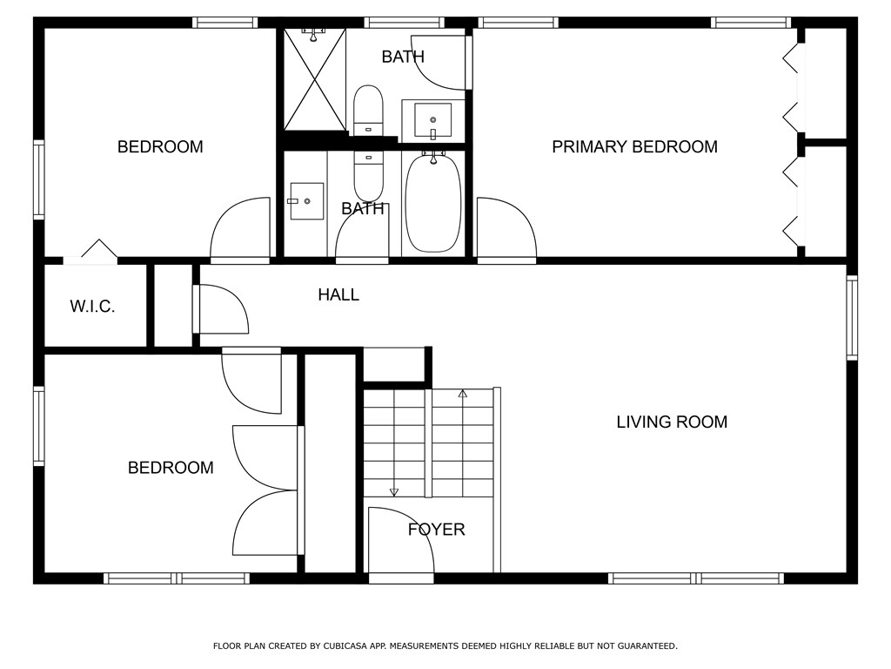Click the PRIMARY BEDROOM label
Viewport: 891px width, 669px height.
pyautogui.click(x=634, y=146)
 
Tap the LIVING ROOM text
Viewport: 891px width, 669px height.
pyautogui.click(x=672, y=422)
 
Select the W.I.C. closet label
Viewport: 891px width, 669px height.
pyautogui.click(x=92, y=307)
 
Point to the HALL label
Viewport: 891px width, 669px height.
pyautogui.click(x=338, y=294)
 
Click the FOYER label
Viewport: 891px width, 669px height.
pyautogui.click(x=437, y=530)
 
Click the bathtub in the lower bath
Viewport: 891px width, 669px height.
pyautogui.click(x=433, y=202)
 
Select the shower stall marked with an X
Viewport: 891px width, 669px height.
pyautogui.click(x=315, y=79)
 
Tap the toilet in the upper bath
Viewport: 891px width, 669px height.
pyautogui.click(x=368, y=111)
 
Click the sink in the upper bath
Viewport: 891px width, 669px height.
pyautogui.click(x=433, y=120)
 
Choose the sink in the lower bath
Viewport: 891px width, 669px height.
pyautogui.click(x=306, y=201)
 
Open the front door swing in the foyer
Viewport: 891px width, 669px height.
pyautogui.click(x=401, y=540)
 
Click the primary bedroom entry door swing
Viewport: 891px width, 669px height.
pyautogui.click(x=506, y=227)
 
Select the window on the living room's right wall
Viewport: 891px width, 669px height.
pyautogui.click(x=852, y=318)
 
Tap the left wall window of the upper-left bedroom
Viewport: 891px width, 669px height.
pyautogui.click(x=38, y=179)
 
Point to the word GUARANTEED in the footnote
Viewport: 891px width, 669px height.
pyautogui.click(x=647, y=646)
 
